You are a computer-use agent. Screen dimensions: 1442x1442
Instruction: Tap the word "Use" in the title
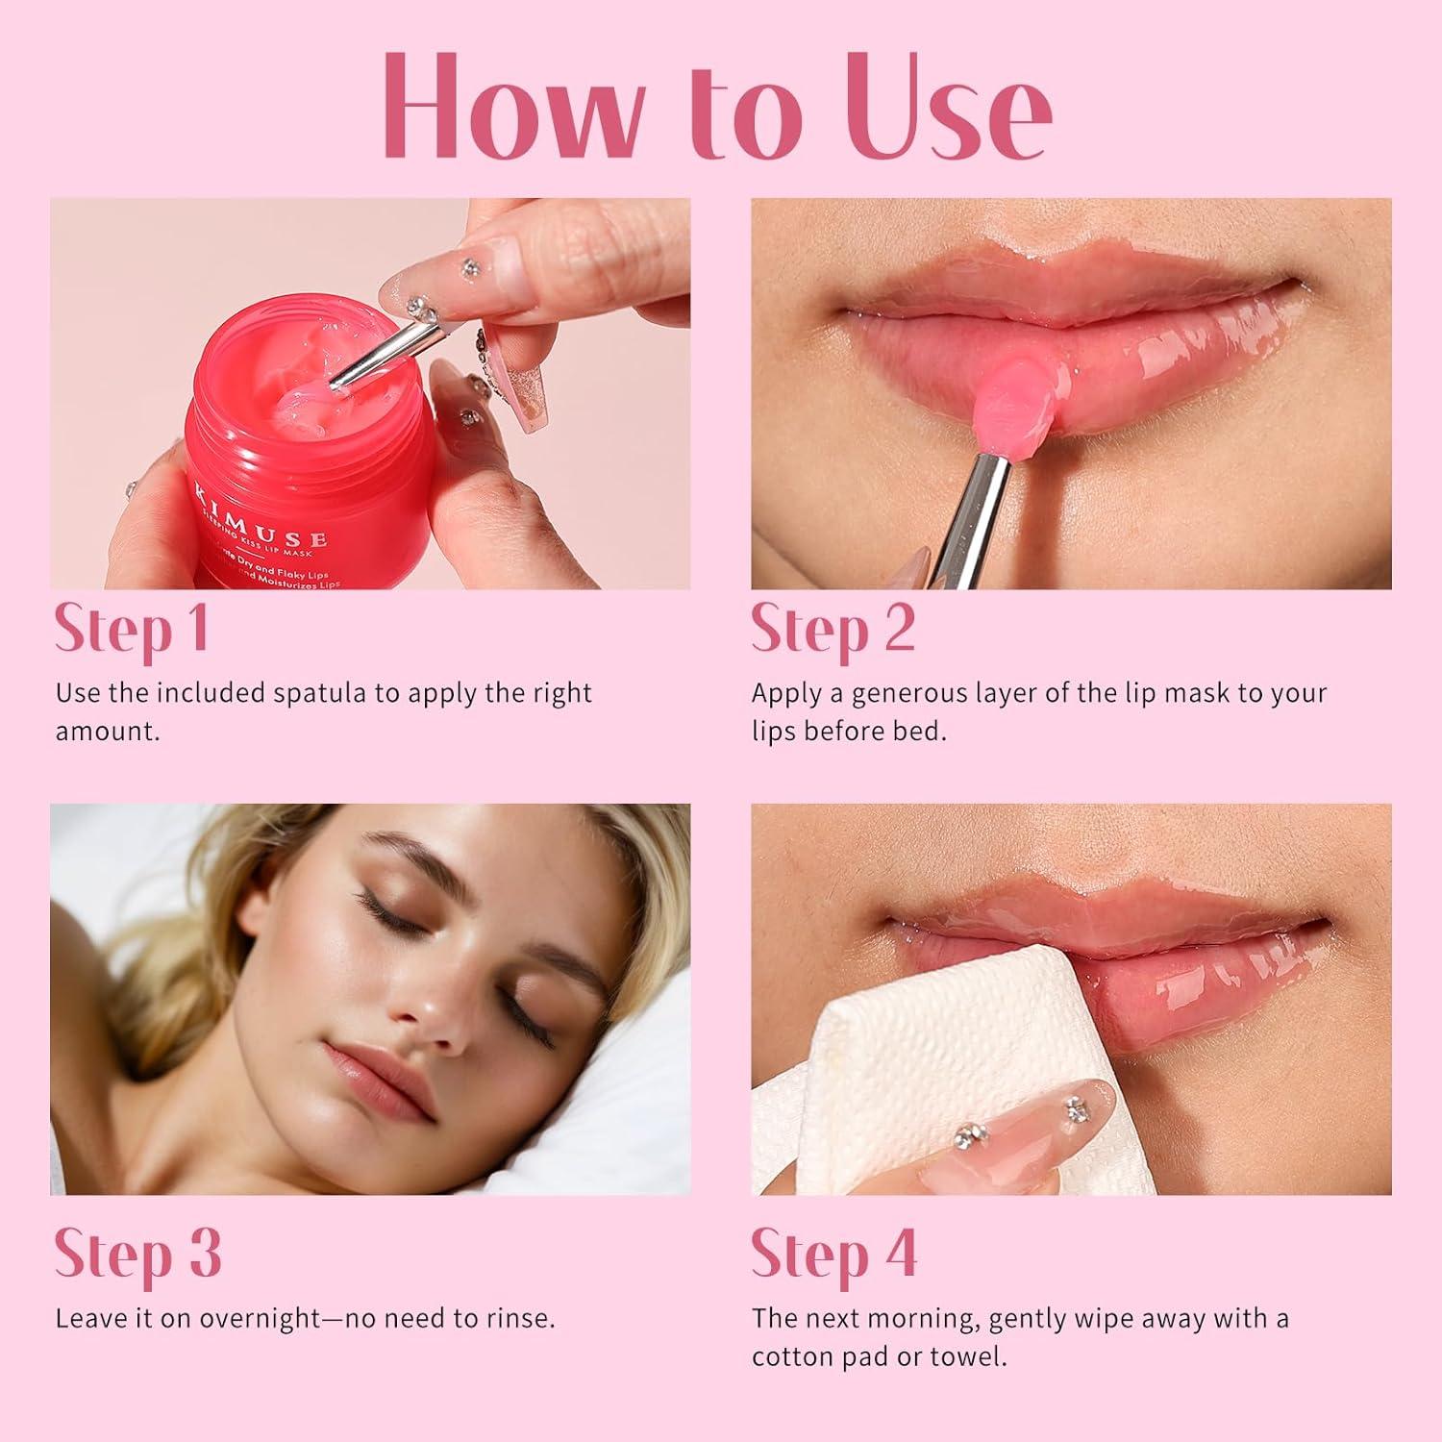point(952,106)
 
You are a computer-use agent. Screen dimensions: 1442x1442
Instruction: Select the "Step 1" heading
point(132,630)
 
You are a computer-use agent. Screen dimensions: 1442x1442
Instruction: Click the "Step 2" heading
point(833,630)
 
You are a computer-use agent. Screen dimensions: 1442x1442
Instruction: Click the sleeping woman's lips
point(370,1067)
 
